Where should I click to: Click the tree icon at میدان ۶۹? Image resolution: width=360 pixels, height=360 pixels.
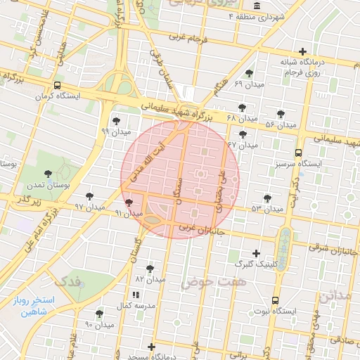[249, 74]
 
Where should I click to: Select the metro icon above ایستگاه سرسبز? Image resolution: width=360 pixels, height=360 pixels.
[299, 152]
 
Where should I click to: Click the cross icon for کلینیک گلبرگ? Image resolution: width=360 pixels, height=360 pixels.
[256, 253]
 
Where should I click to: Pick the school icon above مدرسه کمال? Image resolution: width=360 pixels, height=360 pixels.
[135, 295]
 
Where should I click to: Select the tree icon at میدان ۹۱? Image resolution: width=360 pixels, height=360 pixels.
[127, 202]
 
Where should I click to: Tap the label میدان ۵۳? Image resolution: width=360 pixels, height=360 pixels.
[266, 209]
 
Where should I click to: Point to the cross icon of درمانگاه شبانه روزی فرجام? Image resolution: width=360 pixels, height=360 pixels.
[302, 51]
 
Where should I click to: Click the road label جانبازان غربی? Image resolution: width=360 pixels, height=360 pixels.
[200, 230]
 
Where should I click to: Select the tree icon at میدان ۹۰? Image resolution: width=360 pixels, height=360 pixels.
[99, 314]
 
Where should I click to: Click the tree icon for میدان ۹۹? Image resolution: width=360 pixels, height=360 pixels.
[116, 121]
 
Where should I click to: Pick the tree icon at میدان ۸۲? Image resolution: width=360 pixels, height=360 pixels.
[149, 269]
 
